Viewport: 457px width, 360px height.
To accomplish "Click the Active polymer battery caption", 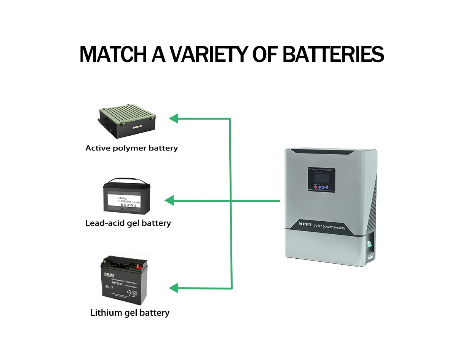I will (x=131, y=148).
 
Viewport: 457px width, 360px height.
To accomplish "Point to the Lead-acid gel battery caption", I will (x=128, y=223).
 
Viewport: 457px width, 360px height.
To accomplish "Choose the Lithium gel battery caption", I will (x=130, y=313).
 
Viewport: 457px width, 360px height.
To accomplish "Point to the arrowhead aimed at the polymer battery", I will (x=174, y=118).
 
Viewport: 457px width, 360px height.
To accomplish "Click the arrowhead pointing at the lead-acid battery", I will (x=169, y=200).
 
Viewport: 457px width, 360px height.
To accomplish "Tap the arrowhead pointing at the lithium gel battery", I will (x=174, y=288).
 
